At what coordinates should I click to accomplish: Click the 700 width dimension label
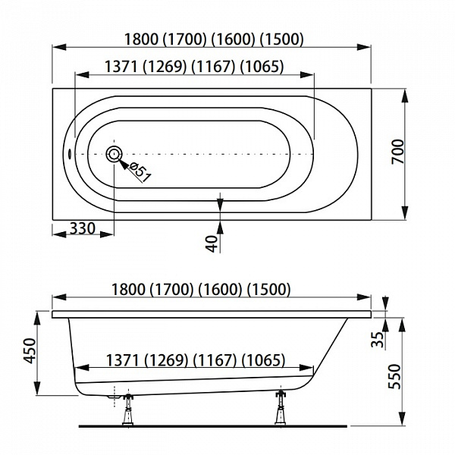398,152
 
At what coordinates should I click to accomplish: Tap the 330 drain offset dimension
83,228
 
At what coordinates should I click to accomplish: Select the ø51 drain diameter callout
140,172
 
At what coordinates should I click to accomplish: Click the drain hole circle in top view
114,154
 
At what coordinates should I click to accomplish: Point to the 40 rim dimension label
212,243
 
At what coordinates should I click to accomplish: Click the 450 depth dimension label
30,350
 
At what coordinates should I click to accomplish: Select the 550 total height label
394,376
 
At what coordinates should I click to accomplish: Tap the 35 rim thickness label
378,339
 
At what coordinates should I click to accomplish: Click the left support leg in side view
127,409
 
